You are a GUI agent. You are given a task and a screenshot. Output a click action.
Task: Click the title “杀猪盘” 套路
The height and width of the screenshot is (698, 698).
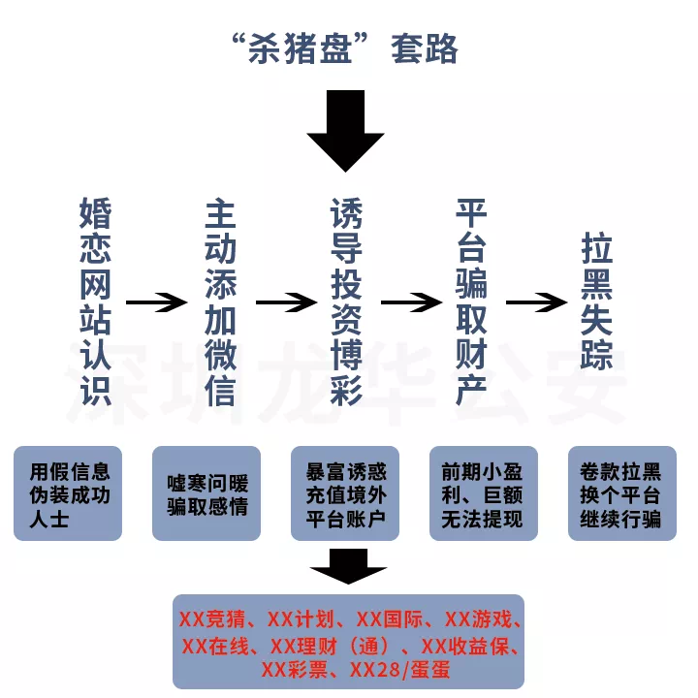point(345,48)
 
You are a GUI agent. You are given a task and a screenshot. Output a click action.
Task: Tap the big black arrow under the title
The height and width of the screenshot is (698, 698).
point(345,131)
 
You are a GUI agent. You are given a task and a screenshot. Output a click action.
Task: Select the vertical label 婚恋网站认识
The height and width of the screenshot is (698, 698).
point(95,301)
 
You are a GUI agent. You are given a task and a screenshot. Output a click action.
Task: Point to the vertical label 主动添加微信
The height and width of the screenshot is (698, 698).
point(220,303)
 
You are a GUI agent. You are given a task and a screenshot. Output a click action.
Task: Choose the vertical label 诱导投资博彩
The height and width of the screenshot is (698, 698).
point(346,301)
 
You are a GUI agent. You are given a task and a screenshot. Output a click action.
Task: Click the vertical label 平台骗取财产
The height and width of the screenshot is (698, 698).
point(471,301)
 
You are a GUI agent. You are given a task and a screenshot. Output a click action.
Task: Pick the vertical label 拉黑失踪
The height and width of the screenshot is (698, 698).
point(597,301)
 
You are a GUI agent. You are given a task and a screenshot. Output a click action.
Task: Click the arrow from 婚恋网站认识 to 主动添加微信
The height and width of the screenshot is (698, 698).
point(157,302)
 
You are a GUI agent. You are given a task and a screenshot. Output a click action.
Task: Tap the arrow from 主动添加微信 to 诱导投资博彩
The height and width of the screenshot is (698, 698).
point(286,302)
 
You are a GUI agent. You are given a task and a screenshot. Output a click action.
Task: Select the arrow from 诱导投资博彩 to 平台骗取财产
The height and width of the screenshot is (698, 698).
point(411,302)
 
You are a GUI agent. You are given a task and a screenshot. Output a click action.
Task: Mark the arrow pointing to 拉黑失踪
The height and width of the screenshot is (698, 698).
point(536,302)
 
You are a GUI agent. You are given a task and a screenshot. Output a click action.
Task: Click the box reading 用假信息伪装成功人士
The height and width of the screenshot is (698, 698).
point(68,493)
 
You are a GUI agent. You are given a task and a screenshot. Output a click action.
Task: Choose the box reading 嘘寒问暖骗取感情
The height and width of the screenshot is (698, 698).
point(206,493)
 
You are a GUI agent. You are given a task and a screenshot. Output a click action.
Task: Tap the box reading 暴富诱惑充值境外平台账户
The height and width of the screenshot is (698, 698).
point(345,493)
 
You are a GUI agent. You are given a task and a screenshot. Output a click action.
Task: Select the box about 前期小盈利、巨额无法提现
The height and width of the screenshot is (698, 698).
point(484,493)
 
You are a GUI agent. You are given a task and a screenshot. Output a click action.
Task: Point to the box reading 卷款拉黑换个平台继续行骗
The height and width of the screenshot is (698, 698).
point(622,493)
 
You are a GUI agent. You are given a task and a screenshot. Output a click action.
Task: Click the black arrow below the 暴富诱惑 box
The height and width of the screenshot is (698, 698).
point(348,566)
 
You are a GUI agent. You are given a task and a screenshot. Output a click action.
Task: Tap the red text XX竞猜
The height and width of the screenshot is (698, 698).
point(212,619)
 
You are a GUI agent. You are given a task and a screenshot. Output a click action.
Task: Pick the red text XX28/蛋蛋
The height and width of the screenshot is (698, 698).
point(399,670)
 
